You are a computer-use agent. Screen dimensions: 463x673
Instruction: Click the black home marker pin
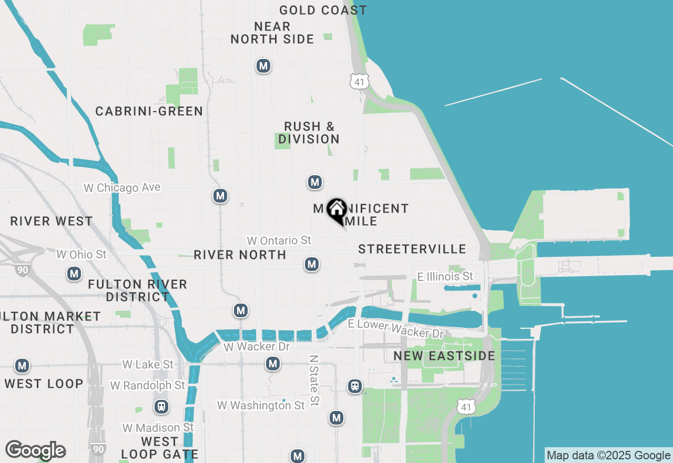[x=336, y=210]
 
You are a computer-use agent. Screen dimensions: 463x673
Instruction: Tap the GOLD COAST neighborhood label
[x=323, y=10]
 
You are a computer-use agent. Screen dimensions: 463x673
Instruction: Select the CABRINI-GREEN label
[x=149, y=111]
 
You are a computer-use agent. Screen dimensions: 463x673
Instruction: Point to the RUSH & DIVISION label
[x=309, y=133]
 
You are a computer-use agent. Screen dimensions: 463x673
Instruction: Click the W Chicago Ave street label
[x=122, y=188]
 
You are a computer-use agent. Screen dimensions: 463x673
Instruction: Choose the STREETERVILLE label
[x=412, y=249]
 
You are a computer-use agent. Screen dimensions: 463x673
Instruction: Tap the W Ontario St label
[x=279, y=240]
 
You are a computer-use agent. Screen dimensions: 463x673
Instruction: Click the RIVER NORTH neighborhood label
[x=240, y=255]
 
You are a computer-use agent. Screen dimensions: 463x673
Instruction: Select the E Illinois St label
[x=445, y=276]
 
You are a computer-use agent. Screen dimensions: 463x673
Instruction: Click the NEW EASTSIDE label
[x=444, y=356]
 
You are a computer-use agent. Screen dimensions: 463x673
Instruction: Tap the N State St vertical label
[x=314, y=380]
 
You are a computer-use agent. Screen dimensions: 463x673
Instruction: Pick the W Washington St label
[x=261, y=405]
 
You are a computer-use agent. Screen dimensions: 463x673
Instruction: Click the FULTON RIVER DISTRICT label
[x=137, y=290]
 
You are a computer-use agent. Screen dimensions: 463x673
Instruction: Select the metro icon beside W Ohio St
[x=74, y=274]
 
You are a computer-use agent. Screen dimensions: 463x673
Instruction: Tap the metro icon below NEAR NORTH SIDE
[x=263, y=66]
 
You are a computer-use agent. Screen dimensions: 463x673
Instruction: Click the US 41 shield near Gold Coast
[x=360, y=81]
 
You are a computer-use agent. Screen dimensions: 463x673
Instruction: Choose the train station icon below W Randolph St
[x=161, y=407]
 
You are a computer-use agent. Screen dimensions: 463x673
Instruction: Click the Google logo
[x=35, y=450]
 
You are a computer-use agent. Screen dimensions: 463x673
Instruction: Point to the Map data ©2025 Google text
[x=609, y=456]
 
